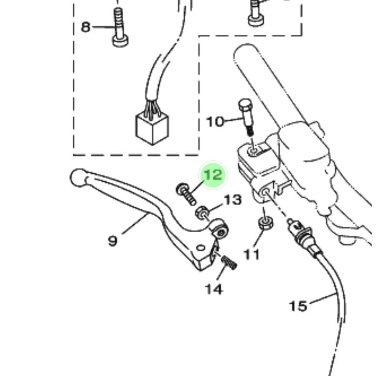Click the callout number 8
click(x=86, y=27)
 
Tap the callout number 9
click(x=113, y=241)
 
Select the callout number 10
click(x=215, y=122)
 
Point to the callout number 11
click(x=252, y=255)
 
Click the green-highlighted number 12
click(x=213, y=175)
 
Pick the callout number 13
click(x=233, y=200)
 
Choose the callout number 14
click(x=214, y=289)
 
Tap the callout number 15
click(x=298, y=306)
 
